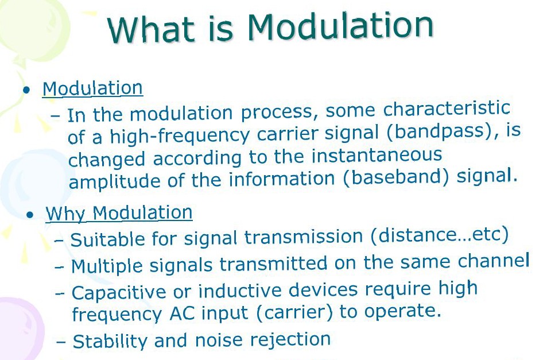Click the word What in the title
(151, 29)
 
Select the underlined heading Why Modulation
(119, 213)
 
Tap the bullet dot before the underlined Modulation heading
(26, 90)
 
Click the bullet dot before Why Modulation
(30, 214)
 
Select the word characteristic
(447, 109)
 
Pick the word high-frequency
(180, 136)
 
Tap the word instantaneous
(377, 155)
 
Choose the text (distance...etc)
(439, 235)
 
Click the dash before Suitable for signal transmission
(59, 241)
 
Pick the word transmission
(304, 237)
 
